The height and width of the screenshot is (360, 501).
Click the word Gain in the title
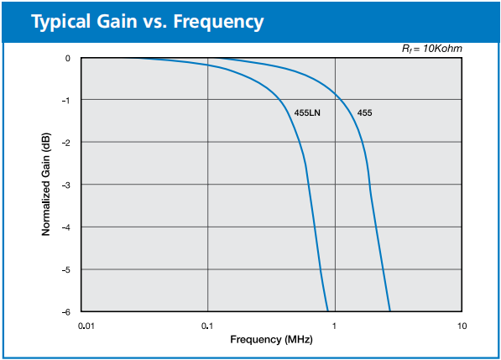click(x=117, y=22)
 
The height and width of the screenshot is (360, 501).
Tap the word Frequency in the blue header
click(x=218, y=23)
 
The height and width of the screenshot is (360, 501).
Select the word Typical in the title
click(x=60, y=23)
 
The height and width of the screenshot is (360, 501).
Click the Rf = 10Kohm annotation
click(x=432, y=49)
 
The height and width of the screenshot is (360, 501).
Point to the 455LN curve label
click(x=307, y=112)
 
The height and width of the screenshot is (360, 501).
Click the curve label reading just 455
click(x=364, y=112)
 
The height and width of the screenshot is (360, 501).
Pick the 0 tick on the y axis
click(x=68, y=59)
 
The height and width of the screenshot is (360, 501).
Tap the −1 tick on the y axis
click(x=65, y=101)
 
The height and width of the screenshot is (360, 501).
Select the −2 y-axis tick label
click(x=65, y=143)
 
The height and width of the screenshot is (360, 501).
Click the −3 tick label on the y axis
click(x=65, y=185)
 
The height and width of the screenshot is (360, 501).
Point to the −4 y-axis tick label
click(x=65, y=227)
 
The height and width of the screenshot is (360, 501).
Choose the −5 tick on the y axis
click(x=65, y=270)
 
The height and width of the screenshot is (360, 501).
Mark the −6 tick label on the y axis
click(x=65, y=312)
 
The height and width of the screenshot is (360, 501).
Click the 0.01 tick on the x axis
click(x=86, y=326)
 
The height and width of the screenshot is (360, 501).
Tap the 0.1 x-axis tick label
click(x=207, y=326)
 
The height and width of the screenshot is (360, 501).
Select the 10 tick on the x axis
click(x=462, y=326)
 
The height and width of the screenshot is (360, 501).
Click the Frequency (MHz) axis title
click(x=271, y=340)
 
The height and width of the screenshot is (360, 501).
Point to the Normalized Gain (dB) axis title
click(x=46, y=184)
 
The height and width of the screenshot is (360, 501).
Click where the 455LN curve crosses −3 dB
click(x=309, y=185)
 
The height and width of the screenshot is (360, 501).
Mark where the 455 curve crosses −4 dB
click(x=375, y=227)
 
